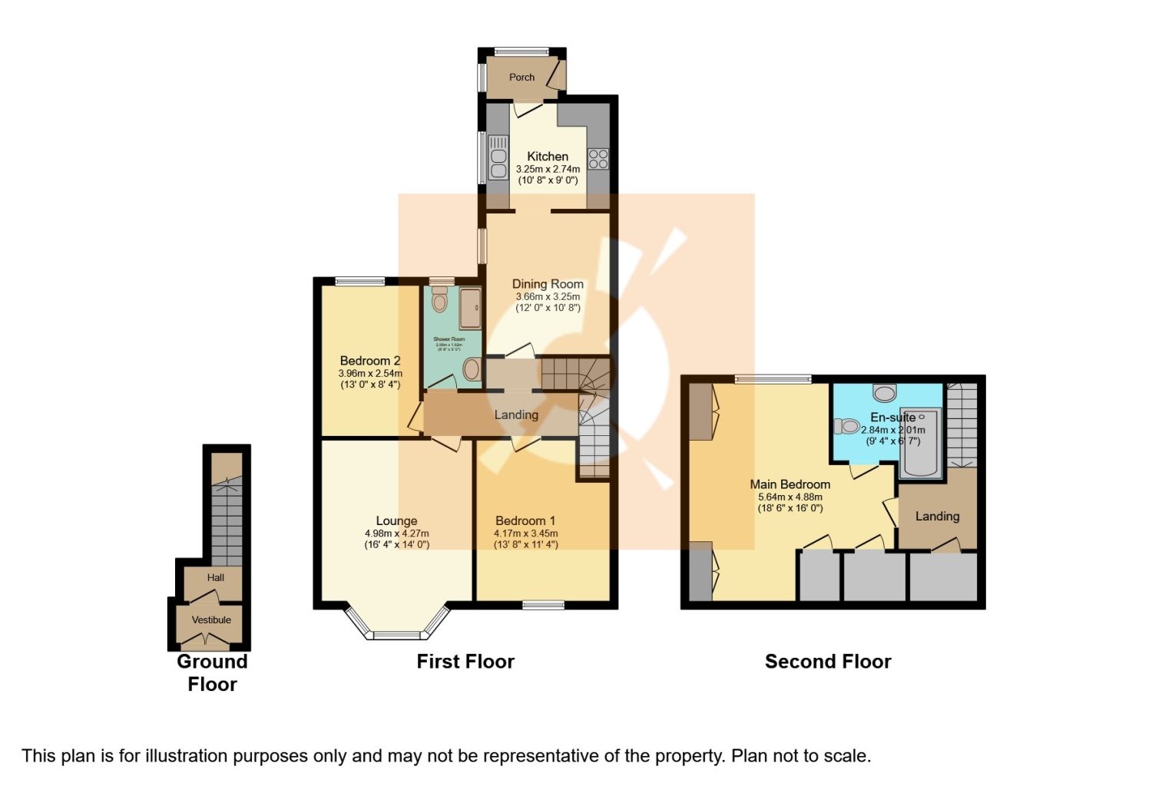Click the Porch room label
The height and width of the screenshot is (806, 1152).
tap(521, 78)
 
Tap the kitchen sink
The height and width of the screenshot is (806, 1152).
tap(498, 159)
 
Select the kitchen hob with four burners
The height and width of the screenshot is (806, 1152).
tap(598, 159)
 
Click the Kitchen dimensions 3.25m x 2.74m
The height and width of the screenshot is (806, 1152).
tap(547, 169)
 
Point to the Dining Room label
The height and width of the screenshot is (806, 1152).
tap(548, 284)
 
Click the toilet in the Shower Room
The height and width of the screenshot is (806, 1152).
tap(439, 300)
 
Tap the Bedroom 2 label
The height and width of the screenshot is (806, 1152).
tap(370, 361)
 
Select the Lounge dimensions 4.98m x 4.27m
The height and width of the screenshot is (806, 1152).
tap(396, 533)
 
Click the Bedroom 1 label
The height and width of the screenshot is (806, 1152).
tap(525, 520)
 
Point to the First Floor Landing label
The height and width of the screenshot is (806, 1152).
tap(516, 415)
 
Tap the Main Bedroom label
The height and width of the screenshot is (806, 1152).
tap(790, 484)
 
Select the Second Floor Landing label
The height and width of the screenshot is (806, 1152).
tap(937, 517)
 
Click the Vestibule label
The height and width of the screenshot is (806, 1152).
tap(211, 620)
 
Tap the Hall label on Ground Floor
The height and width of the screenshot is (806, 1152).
tap(215, 577)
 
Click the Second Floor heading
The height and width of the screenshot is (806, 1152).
tap(828, 662)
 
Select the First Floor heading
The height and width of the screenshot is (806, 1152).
tap(465, 662)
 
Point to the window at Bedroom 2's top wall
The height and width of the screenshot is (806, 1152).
tap(360, 282)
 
